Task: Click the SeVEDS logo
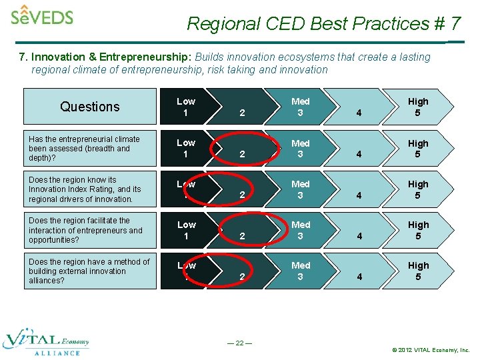click(42, 15)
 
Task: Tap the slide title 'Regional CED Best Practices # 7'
click(323, 24)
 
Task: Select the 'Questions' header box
click(90, 107)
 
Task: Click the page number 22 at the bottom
click(239, 343)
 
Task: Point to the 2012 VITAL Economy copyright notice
click(431, 350)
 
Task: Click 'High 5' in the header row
click(418, 107)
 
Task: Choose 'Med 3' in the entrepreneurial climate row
click(301, 148)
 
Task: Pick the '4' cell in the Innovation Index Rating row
click(359, 195)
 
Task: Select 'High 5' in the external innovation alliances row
click(418, 271)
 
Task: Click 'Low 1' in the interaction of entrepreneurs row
click(186, 230)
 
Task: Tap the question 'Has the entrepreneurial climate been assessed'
click(85, 148)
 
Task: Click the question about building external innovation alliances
click(89, 271)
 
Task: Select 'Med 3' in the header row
click(301, 107)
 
